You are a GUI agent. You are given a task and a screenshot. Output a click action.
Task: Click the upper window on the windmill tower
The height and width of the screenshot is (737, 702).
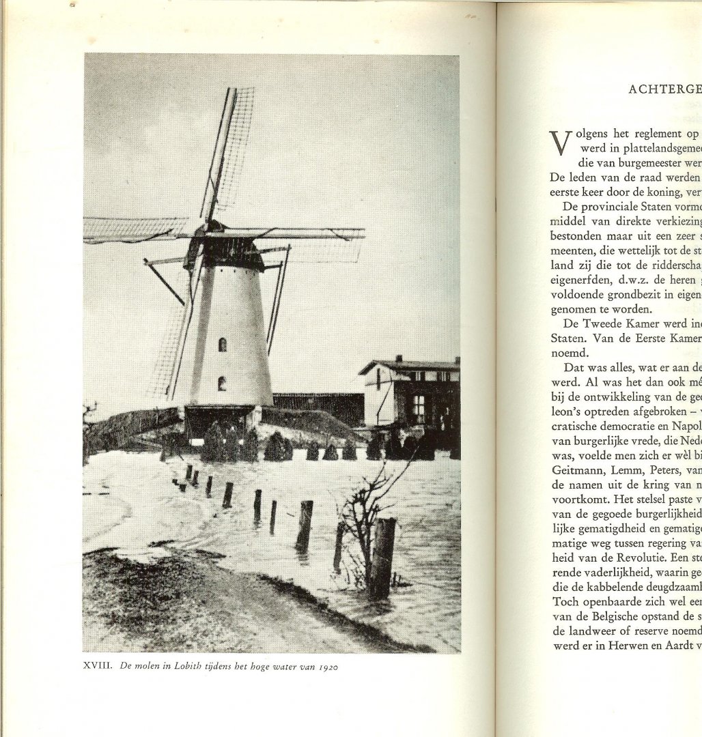tap(222, 345)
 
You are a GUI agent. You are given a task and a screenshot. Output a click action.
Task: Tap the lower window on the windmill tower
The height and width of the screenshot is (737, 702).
tap(221, 384)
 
